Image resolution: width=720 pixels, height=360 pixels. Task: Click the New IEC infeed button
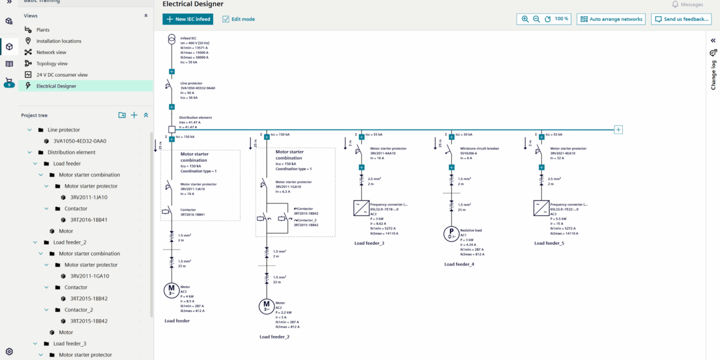[x=187, y=19]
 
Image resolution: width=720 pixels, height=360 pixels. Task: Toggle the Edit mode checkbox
[x=226, y=19]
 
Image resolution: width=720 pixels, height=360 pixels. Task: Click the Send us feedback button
[x=681, y=19]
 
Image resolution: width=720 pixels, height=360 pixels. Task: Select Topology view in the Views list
[x=52, y=64]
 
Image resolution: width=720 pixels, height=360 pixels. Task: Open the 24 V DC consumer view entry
[x=62, y=75]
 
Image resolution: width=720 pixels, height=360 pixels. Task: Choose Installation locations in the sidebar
[x=58, y=41]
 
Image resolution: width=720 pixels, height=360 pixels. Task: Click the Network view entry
[x=51, y=52]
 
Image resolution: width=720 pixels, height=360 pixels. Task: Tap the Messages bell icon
[x=675, y=5]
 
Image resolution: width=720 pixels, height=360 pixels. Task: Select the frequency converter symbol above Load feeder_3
[x=361, y=208]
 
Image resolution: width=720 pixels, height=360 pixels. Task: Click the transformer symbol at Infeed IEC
[x=172, y=41]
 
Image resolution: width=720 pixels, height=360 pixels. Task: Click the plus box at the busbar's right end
[x=619, y=130]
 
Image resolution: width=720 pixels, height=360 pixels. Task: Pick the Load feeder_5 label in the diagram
[x=549, y=244]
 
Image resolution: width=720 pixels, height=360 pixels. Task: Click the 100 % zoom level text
[x=562, y=19]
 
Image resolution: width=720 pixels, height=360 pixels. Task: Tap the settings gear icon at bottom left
[x=9, y=352]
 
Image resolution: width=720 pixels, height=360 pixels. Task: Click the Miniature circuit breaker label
[x=479, y=149]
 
